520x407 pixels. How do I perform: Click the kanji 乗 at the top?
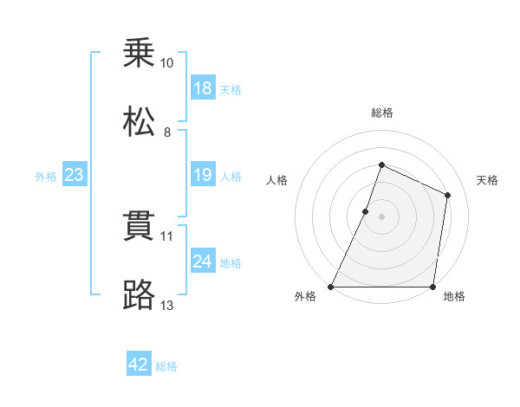pos(140,55)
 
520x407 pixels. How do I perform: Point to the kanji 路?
pos(140,294)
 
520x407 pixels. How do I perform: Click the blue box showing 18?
pos(203,88)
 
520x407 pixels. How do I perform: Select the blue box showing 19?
pos(203,176)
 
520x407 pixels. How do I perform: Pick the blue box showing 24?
pos(203,262)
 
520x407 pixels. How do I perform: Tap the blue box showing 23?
pos(74,176)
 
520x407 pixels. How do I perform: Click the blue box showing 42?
pos(139,365)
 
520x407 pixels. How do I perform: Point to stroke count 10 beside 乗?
pos(167,63)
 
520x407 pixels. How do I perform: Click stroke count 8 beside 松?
pos(167,132)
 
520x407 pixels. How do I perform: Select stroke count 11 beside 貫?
pos(167,235)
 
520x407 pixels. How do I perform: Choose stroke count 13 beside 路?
pos(167,304)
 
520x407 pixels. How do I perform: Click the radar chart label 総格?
pos(381,113)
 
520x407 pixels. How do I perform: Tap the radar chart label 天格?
pos(487,180)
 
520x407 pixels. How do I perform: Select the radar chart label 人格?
pos(276,180)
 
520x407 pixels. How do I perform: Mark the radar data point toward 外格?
pos(331,287)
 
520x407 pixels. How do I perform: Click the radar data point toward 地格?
pos(432,287)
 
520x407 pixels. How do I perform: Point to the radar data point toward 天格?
pos(448,195)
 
